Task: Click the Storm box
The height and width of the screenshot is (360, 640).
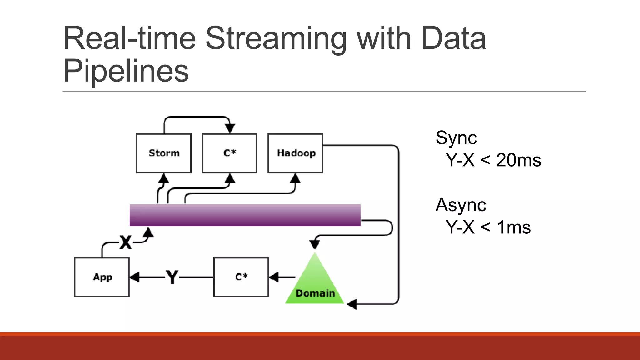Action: pyautogui.click(x=164, y=153)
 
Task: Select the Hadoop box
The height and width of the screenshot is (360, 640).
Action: pyautogui.click(x=295, y=153)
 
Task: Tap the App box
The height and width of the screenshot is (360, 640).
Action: pyautogui.click(x=102, y=277)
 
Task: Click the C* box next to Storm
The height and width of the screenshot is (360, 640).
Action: pyautogui.click(x=229, y=153)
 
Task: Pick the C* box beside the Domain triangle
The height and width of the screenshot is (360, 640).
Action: pyautogui.click(x=241, y=277)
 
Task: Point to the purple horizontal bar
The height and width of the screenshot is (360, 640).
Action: pyautogui.click(x=245, y=215)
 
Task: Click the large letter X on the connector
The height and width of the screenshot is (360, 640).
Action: pyautogui.click(x=126, y=242)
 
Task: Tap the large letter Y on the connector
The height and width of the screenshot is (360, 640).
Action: pyautogui.click(x=172, y=277)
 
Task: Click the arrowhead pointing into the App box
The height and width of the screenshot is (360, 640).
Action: pyautogui.click(x=134, y=277)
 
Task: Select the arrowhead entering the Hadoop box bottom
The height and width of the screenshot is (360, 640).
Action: pyautogui.click(x=295, y=179)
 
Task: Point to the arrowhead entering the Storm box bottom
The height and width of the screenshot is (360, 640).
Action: pyautogui.click(x=163, y=179)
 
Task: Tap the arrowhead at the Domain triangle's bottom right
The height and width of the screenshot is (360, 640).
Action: pyautogui.click(x=352, y=304)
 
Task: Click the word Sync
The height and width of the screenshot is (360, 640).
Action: pyautogui.click(x=456, y=138)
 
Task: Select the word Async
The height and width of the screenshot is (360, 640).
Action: pyautogui.click(x=461, y=205)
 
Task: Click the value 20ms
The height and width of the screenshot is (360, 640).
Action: pyautogui.click(x=518, y=160)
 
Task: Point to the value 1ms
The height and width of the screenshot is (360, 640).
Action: pyautogui.click(x=514, y=227)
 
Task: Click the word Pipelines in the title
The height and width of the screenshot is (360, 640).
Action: pyautogui.click(x=126, y=71)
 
